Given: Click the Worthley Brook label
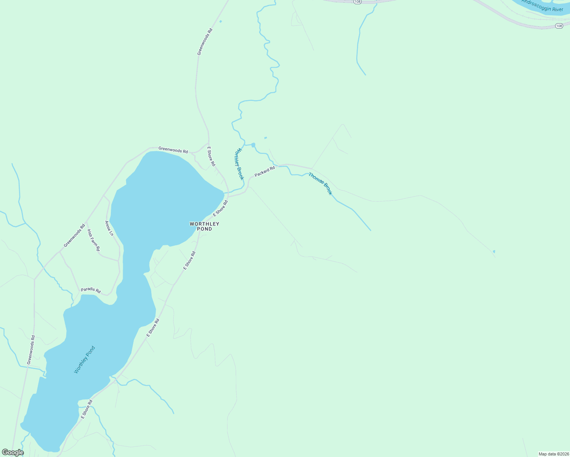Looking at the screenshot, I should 239,164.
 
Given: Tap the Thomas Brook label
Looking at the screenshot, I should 320,184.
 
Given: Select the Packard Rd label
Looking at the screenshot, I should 265,171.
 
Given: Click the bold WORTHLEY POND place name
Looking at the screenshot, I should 205,226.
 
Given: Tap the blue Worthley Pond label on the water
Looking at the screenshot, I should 84,360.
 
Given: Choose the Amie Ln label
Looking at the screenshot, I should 109,228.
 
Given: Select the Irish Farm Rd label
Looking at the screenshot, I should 93,240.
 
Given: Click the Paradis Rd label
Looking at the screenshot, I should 91,290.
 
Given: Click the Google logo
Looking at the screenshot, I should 13,452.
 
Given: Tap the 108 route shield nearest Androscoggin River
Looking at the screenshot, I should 559,26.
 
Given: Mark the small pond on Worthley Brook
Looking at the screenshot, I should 253,145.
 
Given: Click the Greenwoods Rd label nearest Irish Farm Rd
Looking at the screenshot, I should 74,236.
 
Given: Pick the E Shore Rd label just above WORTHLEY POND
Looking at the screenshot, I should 220,208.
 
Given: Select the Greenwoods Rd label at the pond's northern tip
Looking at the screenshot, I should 173,150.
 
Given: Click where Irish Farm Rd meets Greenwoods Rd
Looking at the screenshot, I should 86,222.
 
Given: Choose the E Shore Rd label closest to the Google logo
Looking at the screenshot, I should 87,409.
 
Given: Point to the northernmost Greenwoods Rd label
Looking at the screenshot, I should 205,42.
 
